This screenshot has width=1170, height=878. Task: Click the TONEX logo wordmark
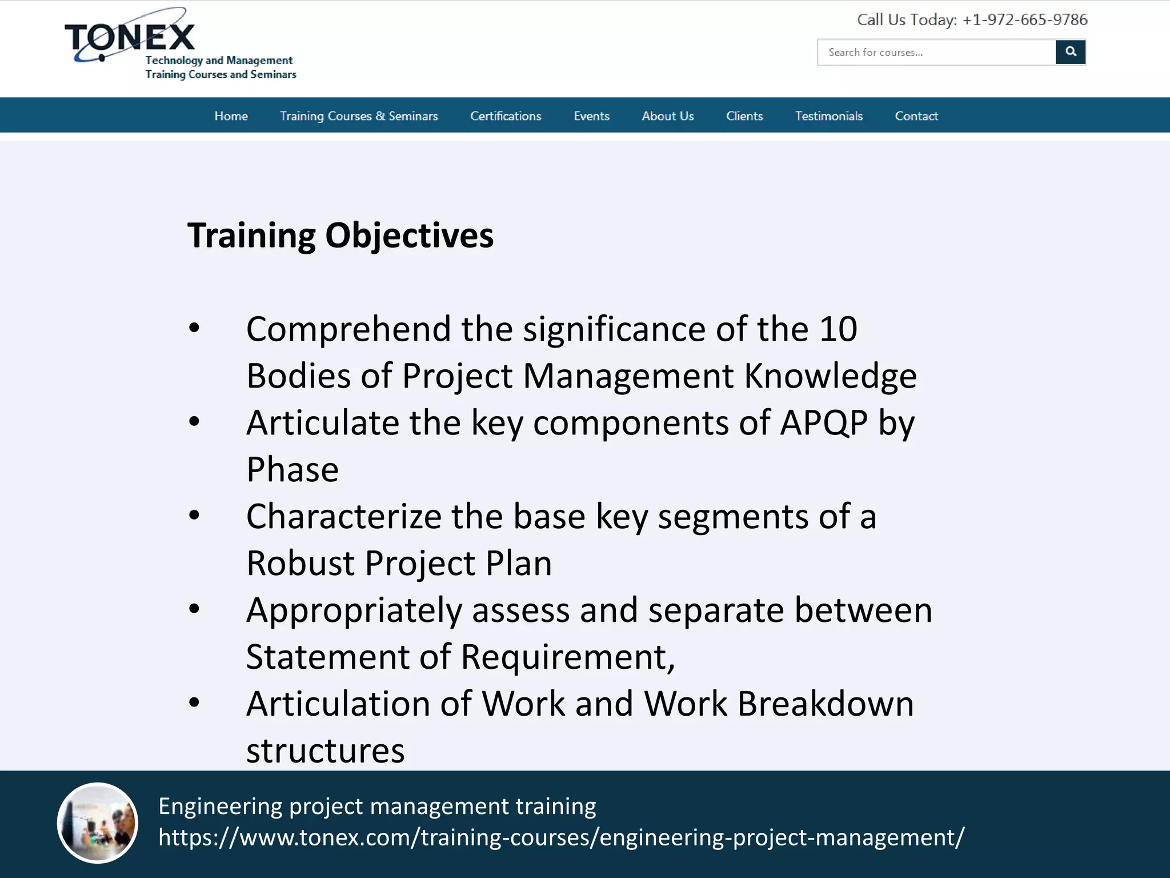tap(130, 38)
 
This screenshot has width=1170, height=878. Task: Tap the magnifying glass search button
tap(1070, 52)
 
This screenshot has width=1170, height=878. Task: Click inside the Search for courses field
tap(936, 53)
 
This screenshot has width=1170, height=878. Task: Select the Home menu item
tap(231, 116)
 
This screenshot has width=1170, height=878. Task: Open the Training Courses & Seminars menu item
tap(359, 116)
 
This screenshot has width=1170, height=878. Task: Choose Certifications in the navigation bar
tap(506, 116)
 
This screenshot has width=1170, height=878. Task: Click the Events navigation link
tap(591, 116)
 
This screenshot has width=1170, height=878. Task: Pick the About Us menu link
tap(667, 116)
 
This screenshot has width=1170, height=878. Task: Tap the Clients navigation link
tap(744, 116)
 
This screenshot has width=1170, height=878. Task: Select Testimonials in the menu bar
tap(828, 116)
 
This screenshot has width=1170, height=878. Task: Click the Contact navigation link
tap(916, 116)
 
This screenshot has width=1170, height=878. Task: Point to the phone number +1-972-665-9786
tap(1024, 20)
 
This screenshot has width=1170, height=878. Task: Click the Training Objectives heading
tap(340, 236)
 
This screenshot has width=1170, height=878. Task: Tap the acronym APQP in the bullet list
tap(823, 423)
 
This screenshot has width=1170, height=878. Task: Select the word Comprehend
tap(348, 330)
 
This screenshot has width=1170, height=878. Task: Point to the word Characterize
tap(343, 517)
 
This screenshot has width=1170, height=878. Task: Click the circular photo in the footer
tap(98, 823)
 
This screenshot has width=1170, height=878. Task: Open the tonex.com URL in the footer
tap(561, 837)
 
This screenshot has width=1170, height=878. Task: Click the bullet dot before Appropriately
tap(194, 609)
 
